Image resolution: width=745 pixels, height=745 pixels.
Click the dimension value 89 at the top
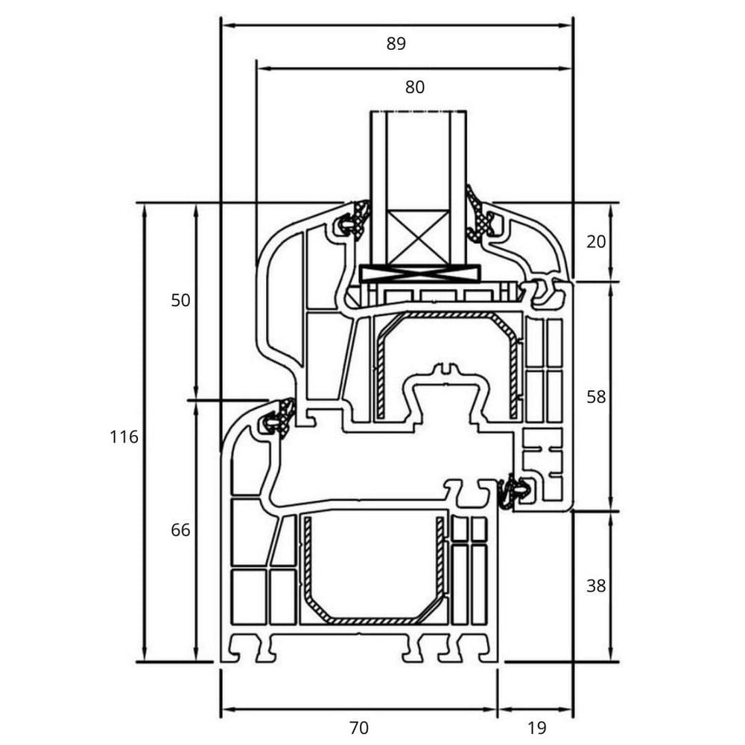tap(396, 44)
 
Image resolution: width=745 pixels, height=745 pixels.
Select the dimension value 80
tap(415, 87)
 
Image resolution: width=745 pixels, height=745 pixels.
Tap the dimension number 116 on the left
tap(124, 437)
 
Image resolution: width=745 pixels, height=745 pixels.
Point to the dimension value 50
tap(181, 301)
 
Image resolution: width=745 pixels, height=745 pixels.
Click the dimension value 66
tap(181, 530)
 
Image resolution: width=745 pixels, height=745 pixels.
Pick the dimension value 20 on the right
tap(596, 241)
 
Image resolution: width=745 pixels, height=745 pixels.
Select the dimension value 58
tap(596, 397)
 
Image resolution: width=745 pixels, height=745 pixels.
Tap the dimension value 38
tap(596, 586)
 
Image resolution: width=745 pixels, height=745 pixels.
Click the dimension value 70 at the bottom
tap(358, 727)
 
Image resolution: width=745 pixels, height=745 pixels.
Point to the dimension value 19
tap(536, 727)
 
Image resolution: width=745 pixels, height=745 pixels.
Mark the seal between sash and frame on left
tap(277, 418)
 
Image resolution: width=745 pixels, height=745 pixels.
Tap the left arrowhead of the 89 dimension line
tap(228, 25)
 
